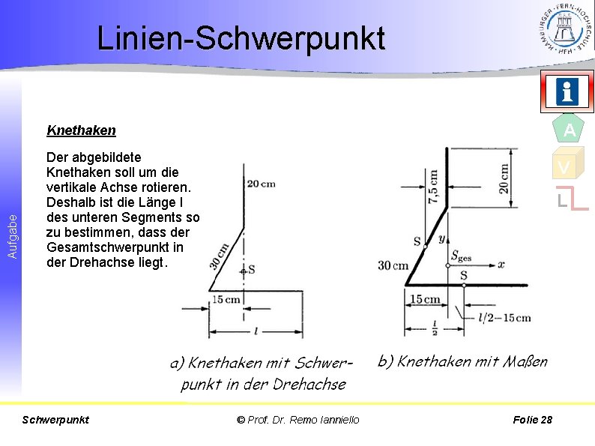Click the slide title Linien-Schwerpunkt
coord(241,38)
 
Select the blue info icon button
coord(567,92)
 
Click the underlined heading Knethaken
coord(81,130)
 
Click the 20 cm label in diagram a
coord(260,184)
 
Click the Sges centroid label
coord(462,254)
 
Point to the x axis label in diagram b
coord(501,265)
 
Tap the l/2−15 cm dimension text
coord(504,318)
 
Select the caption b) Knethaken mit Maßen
coord(462,361)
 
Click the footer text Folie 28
coord(532,420)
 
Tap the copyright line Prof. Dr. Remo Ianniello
coord(297,420)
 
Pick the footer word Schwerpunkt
coord(56,420)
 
